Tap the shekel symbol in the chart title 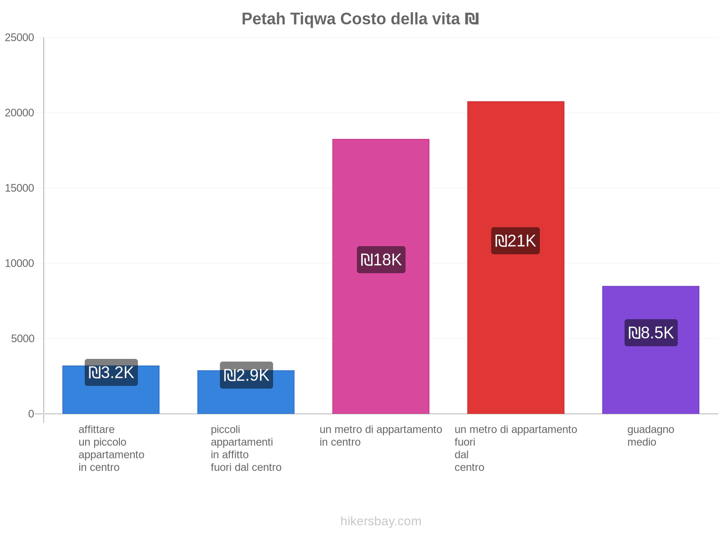472,19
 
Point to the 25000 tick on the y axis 20,37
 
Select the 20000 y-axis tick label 20,113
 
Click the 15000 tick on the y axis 20,188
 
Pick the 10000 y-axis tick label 20,263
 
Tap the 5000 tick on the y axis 23,339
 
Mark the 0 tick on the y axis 31,414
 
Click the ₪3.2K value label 111,372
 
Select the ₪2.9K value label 246,375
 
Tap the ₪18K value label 381,260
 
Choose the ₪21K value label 516,241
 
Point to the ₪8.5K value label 651,333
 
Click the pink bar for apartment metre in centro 381,189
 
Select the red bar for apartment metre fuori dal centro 516,171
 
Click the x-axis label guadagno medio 651,436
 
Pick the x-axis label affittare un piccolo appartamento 111,448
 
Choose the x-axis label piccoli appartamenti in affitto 246,448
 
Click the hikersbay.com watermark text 381,521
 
